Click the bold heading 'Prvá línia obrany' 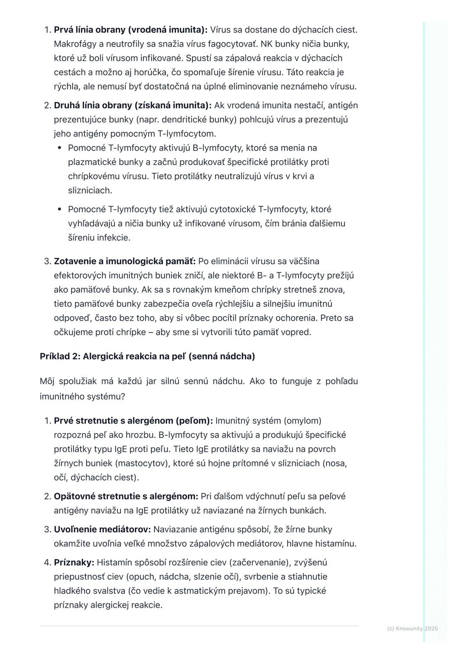click(x=130, y=30)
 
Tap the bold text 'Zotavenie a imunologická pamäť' click(x=125, y=261)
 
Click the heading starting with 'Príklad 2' click(x=147, y=356)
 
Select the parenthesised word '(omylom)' click(x=302, y=421)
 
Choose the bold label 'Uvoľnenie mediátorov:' click(x=102, y=529)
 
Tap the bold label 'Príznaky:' click(x=74, y=563)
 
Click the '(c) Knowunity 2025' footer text click(x=412, y=629)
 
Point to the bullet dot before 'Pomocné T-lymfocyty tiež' click(x=60, y=210)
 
